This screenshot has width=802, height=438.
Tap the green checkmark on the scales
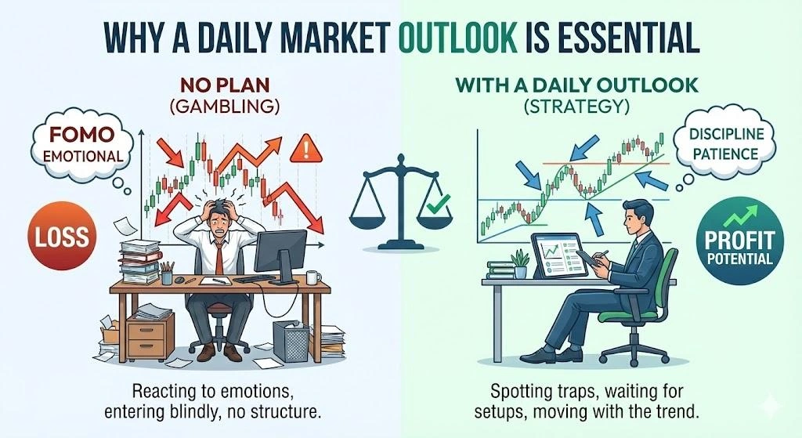pos(432,207)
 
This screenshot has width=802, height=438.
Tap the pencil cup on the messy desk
pos(167,275)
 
